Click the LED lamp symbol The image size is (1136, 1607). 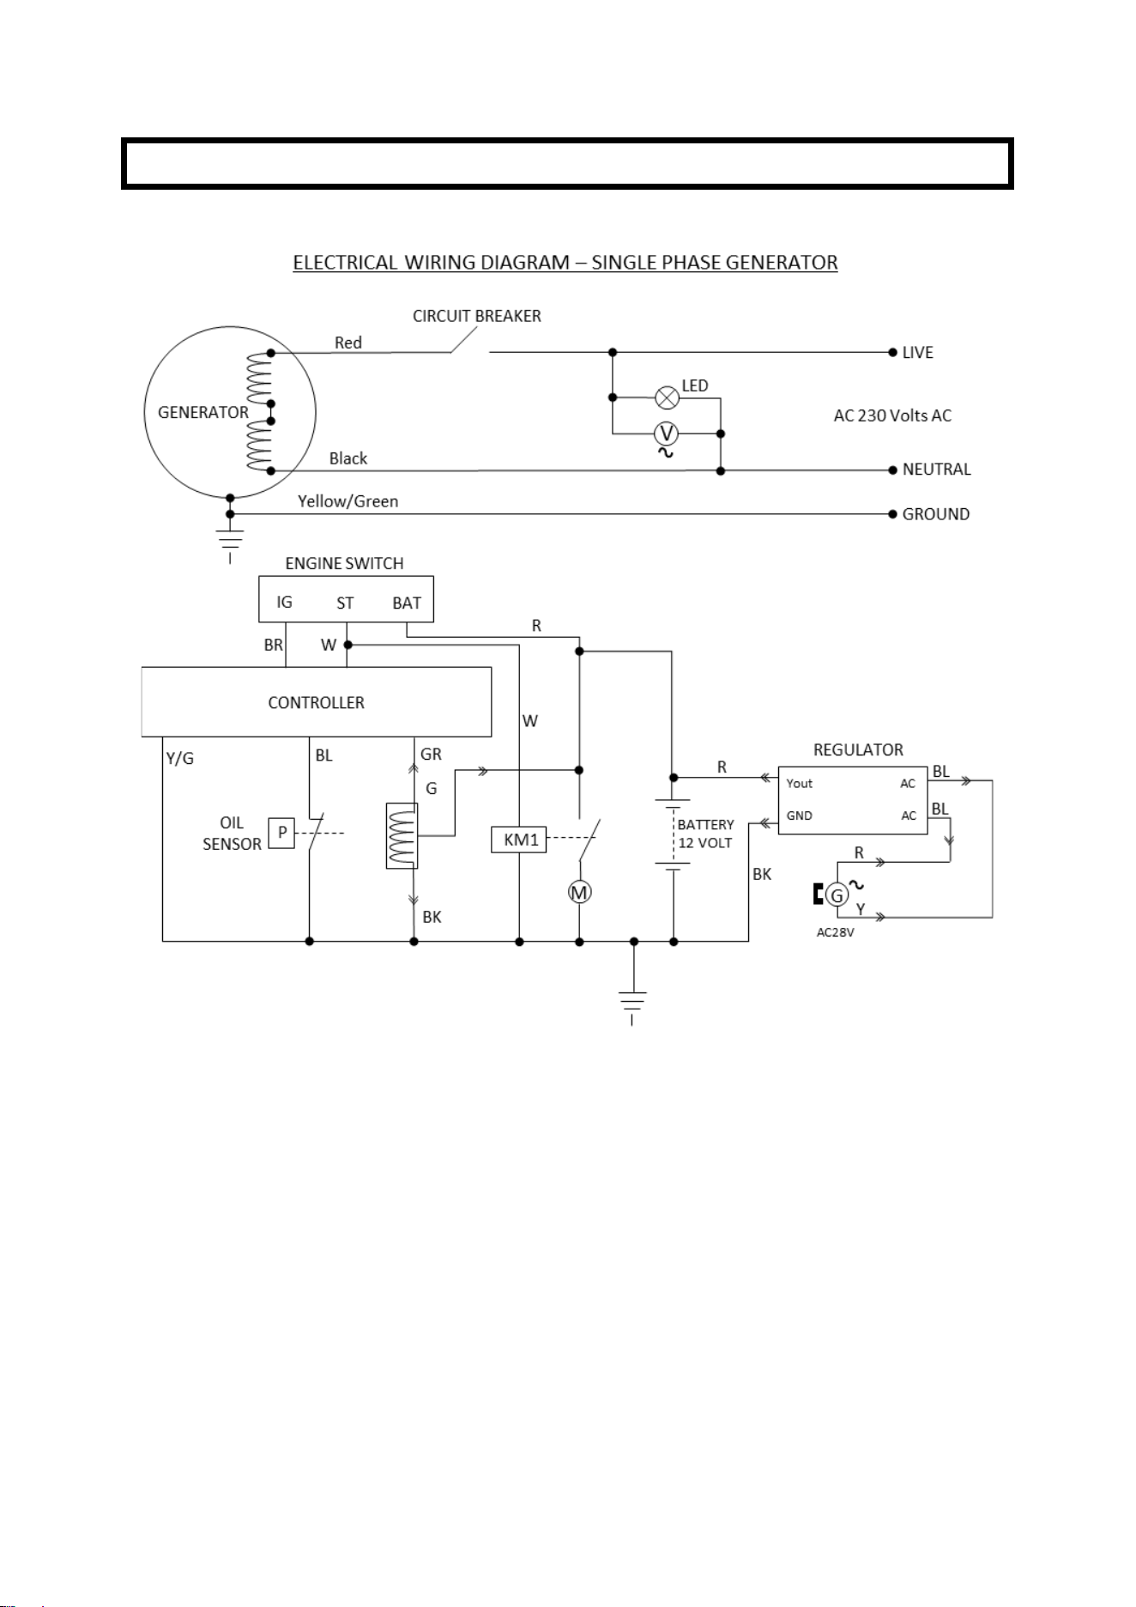(667, 397)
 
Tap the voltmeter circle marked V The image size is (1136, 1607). (667, 434)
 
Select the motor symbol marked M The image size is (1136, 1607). (580, 893)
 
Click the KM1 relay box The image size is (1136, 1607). (519, 839)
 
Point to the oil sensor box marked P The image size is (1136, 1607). (281, 833)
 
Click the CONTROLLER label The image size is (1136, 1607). (317, 702)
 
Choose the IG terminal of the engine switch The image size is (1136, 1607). (284, 602)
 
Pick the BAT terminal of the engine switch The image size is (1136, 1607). (407, 603)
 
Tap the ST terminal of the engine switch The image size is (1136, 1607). (345, 603)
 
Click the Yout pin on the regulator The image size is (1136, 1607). (799, 783)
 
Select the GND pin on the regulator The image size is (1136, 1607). (799, 816)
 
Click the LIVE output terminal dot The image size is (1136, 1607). (892, 352)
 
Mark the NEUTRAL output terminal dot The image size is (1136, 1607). (892, 470)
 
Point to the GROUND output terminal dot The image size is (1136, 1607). (892, 514)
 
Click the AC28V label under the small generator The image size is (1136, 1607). (835, 932)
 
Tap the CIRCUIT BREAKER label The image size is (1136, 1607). (477, 316)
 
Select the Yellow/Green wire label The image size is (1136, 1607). (348, 501)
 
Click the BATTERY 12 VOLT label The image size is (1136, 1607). (706, 834)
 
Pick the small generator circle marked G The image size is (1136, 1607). (837, 895)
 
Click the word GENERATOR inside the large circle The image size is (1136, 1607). (203, 412)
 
